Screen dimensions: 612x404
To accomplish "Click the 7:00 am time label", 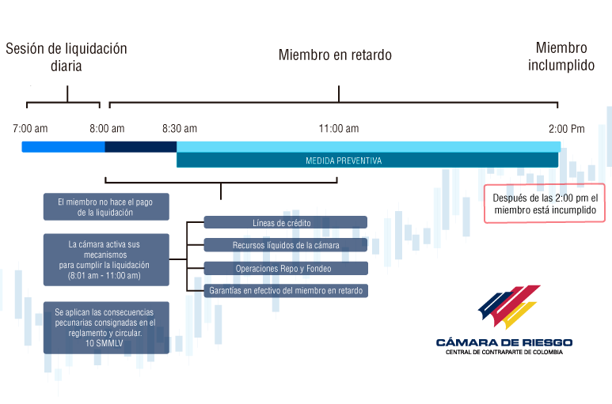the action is pos(30,129).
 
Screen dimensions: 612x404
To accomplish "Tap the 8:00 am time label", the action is pos(107,129).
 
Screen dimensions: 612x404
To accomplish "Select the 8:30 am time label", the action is pos(180,129).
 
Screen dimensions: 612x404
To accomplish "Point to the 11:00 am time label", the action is pos(339,129).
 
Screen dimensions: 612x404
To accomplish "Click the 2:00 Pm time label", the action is pos(567,129).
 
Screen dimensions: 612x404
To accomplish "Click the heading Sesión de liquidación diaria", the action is pos(67,57).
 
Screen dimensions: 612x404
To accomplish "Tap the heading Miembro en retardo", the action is pos(335,55).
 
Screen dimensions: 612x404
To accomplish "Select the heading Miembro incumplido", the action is pos(561,56).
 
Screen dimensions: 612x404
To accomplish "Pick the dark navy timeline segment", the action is pos(140,147).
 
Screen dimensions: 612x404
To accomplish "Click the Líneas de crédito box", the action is pos(285,222).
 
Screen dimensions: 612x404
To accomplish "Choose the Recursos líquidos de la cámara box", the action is pos(285,245).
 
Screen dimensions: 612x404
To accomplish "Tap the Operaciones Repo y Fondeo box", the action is pos(286,269).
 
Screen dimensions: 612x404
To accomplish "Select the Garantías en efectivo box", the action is pos(286,291).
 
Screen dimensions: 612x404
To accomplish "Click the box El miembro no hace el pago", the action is pos(106,207).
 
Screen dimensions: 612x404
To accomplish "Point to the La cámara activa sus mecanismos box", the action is pos(106,260).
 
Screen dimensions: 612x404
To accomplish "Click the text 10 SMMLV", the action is pos(105,343).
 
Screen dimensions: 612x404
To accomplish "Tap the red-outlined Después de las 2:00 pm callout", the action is pos(545,204).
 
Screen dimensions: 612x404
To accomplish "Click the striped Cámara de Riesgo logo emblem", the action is pos(509,307).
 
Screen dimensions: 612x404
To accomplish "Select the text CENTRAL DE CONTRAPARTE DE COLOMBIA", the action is pos(504,352).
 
